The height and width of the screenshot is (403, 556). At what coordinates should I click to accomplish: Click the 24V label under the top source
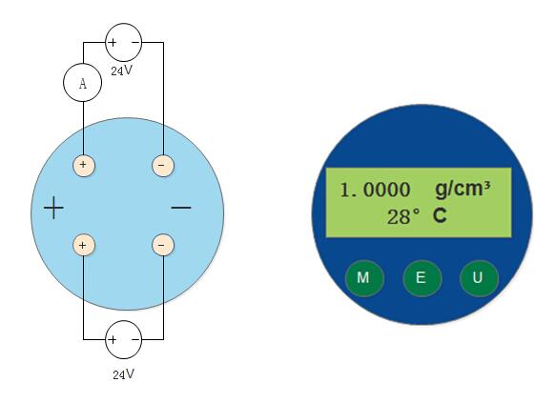click(122, 71)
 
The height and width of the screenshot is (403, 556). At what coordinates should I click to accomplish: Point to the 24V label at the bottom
click(124, 374)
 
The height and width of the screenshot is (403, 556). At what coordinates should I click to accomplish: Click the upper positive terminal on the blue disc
click(84, 165)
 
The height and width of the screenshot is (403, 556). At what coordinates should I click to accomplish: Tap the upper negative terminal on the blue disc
click(163, 165)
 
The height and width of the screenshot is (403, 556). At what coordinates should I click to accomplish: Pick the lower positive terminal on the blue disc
click(84, 245)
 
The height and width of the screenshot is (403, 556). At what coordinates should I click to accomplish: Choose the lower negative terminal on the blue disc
click(163, 245)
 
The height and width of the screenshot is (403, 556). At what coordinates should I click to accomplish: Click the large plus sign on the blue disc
click(54, 208)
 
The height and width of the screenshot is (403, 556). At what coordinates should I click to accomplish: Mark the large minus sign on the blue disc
click(181, 208)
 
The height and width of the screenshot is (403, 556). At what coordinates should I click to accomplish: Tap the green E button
click(422, 278)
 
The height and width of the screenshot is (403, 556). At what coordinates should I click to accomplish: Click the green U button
click(479, 278)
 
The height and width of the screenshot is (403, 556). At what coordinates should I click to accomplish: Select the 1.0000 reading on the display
click(375, 190)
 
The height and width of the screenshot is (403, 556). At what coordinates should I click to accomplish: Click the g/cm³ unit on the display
click(463, 189)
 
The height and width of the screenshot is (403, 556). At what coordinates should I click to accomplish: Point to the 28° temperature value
click(403, 216)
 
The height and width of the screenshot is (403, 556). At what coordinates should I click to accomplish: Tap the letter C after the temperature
click(440, 215)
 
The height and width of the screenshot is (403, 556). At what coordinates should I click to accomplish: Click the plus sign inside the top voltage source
click(112, 43)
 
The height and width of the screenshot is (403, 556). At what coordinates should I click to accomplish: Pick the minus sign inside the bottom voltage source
click(135, 339)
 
